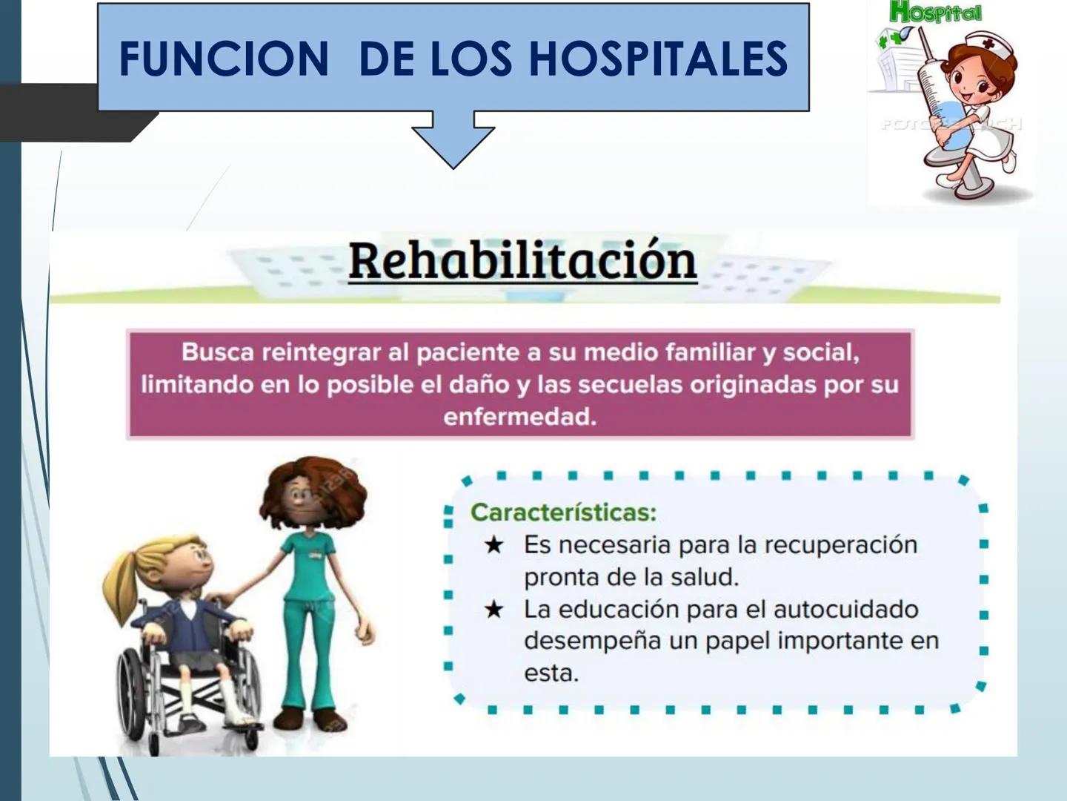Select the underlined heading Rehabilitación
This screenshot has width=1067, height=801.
pos(522,261)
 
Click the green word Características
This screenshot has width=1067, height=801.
pos(563,512)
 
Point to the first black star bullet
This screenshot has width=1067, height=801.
pos(493,546)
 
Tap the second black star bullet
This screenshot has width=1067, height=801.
pos(493,610)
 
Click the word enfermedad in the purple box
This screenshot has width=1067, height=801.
pos(519,417)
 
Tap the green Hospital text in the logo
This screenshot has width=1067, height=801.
pos(935,12)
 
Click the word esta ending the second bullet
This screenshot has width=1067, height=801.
pos(551,673)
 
